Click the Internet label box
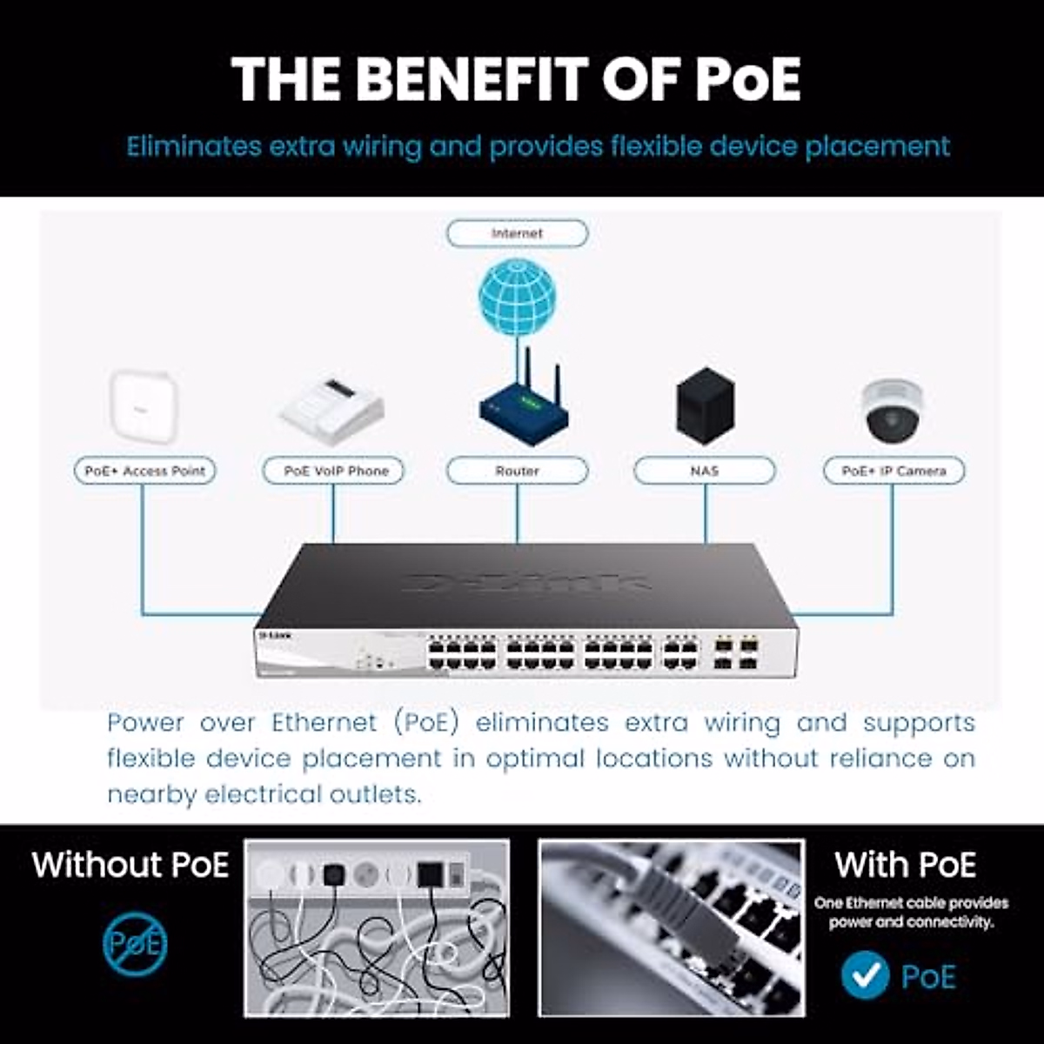pos(517,233)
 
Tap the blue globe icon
pos(517,296)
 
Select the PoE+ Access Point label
pos(144,471)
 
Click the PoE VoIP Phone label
pos(333,471)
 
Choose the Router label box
pos(517,471)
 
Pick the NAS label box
pos(704,471)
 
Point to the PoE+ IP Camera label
pos(893,471)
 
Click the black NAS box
pos(705,405)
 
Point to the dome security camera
pos(892,411)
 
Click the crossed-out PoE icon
pos(134,943)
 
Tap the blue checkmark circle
pos(865,976)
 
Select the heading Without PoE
pos(130,865)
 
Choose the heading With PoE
pos(905,865)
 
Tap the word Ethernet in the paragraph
pos(324,723)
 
